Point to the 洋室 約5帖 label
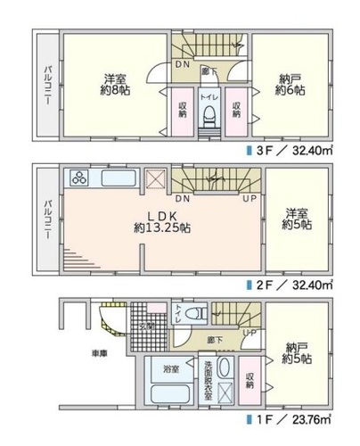click(298, 219)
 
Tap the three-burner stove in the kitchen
click(77, 177)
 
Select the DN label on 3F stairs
click(181, 65)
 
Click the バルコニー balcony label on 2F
click(44, 219)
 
